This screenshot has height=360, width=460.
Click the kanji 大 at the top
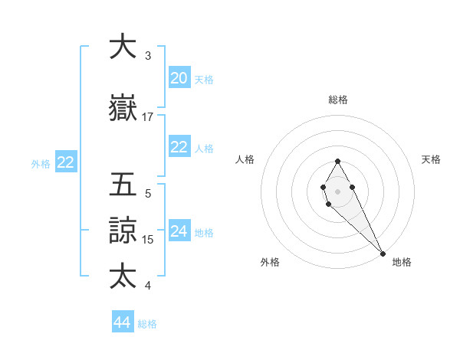122,47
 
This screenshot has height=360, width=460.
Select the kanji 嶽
122,109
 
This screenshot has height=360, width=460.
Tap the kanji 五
122,186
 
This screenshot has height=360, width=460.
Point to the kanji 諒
122,231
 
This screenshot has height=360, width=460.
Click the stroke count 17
148,117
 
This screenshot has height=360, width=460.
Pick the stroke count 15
148,240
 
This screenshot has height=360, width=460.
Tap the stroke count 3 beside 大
148,56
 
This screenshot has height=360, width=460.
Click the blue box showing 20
179,78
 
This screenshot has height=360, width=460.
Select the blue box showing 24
179,231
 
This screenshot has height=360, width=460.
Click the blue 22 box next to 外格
65,162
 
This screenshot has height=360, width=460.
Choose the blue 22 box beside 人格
179,147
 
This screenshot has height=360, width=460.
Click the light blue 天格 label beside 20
204,80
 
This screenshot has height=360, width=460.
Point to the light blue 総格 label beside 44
147,324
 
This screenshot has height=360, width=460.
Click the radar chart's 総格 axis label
338,100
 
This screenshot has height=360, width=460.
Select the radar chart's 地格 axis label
402,263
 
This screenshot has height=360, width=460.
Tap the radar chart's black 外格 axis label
270,263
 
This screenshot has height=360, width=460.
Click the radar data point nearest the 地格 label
383,254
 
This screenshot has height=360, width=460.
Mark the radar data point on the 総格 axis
337,161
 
